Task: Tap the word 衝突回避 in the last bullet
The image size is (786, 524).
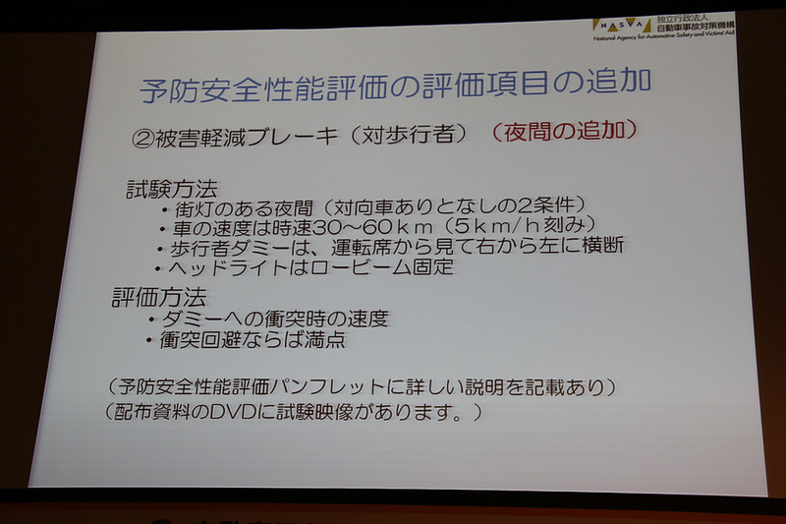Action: [201, 340]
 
